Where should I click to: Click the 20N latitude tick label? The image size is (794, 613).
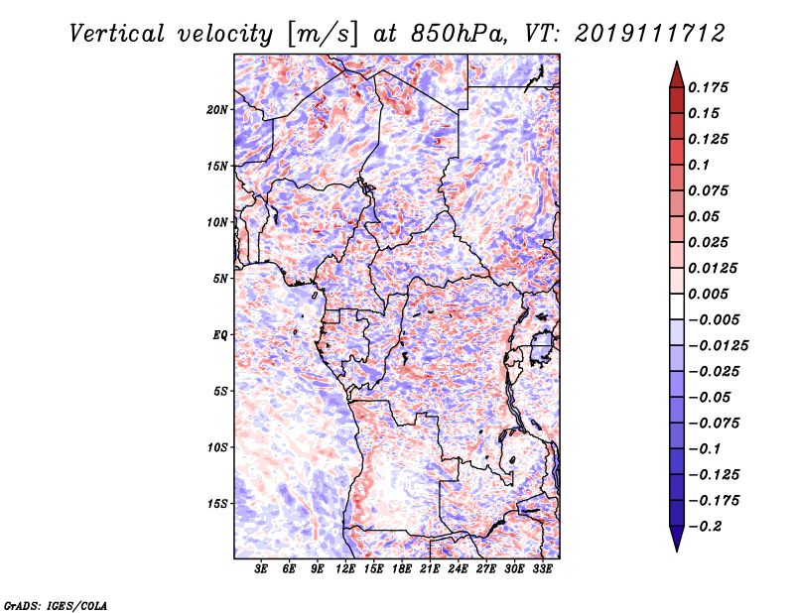coord(217,110)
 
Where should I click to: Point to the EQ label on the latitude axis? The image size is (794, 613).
coord(220,335)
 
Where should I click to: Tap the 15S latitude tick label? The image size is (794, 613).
coord(217,504)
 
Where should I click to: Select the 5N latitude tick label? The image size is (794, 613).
coord(220,279)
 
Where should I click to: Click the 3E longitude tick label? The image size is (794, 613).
coord(261,569)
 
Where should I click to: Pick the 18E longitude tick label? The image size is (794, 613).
coord(402,569)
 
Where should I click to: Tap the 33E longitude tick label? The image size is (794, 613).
coord(542,569)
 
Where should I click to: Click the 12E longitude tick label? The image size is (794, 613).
coord(345,569)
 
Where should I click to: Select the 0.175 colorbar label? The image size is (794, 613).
coord(709,87)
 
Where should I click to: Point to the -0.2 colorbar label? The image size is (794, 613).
coord(706,527)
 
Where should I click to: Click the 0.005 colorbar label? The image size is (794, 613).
coord(709,294)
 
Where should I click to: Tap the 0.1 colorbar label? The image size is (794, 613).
coord(699,165)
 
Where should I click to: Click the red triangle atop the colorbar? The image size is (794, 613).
coord(677,74)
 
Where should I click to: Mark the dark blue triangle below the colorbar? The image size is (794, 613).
coord(677,539)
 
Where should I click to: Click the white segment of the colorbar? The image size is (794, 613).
coord(677,306)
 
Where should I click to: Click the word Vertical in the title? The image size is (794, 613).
coord(117,34)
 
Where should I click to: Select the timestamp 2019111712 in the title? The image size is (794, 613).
coord(650,34)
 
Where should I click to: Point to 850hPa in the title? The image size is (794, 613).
coord(459,34)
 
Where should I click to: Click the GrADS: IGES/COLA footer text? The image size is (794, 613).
coord(56,606)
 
